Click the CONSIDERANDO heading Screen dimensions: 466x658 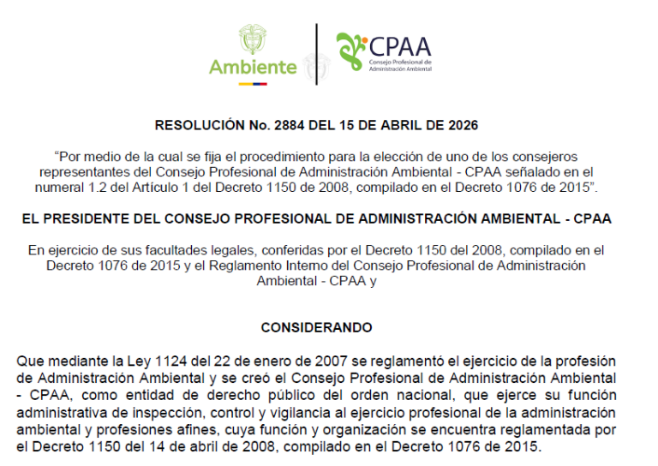point(316,328)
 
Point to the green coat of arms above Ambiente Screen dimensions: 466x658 point(252,39)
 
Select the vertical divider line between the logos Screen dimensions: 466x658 point(317,54)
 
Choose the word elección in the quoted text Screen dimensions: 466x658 point(402,157)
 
